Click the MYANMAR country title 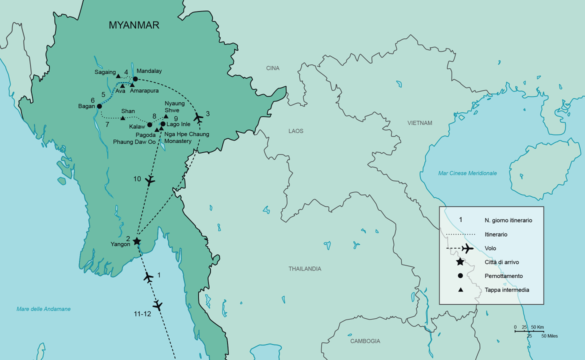click(134, 25)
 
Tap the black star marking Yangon click(136, 241)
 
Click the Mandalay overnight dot click(135, 78)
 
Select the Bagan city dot click(99, 106)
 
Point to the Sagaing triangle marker click(118, 76)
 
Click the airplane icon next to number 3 click(198, 118)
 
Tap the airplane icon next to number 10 click(149, 181)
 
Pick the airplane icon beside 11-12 click(158, 305)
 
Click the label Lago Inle click(178, 124)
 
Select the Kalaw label click(137, 127)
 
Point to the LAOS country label click(295, 131)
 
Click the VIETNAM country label click(419, 123)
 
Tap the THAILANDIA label click(304, 269)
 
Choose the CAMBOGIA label click(364, 341)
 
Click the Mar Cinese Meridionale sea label click(467, 173)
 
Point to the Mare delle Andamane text click(43, 309)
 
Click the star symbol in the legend click(460, 262)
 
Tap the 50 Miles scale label click(549, 336)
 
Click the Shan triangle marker click(122, 118)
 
